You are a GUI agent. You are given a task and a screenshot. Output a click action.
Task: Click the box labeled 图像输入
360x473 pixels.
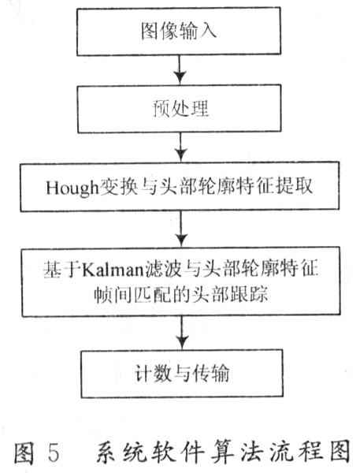[179, 31]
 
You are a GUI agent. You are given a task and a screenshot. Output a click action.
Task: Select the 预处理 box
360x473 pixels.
[180, 109]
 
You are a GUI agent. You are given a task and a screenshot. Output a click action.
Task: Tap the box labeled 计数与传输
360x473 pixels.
[182, 374]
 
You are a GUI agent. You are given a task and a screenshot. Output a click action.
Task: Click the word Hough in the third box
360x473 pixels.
[72, 188]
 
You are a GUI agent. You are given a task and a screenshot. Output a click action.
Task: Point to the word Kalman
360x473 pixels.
[112, 270]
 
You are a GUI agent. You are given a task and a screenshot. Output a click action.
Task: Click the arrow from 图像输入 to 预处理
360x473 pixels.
[180, 69]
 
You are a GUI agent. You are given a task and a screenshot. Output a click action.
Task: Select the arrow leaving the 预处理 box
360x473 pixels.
[180, 147]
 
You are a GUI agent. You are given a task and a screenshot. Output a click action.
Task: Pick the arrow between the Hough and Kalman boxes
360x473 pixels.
[181, 229]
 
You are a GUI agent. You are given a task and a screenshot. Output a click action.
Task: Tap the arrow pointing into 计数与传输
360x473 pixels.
[182, 333]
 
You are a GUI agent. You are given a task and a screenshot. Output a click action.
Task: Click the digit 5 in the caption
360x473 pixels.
[53, 453]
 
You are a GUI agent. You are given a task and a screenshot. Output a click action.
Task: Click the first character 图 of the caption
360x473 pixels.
[24, 453]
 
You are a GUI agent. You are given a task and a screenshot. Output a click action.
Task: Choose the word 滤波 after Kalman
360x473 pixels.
[162, 270]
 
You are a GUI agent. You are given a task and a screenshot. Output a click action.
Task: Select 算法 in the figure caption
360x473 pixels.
[236, 452]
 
